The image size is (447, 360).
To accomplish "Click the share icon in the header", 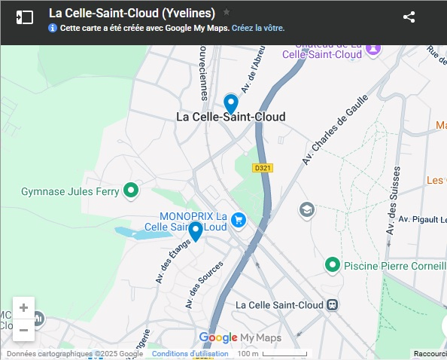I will [x=409, y=17].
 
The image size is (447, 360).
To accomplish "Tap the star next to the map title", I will [x=227, y=12].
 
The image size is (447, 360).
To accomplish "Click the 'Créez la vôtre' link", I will [x=258, y=28].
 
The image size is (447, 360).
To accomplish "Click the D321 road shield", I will [x=262, y=168].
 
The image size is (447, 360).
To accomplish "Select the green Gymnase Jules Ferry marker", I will [x=131, y=191].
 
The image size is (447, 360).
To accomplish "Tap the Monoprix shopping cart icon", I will [x=239, y=220].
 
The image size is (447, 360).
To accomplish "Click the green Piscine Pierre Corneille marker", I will [x=332, y=265].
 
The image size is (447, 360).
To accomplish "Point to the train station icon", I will [x=332, y=305].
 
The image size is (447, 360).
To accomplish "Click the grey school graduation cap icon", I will [x=306, y=209].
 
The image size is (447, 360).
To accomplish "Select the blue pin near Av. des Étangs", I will [x=195, y=230].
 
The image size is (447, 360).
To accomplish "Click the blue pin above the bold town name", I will [x=231, y=103].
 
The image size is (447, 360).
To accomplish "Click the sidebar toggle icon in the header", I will [x=25, y=17].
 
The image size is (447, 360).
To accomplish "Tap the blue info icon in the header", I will [x=53, y=28].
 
